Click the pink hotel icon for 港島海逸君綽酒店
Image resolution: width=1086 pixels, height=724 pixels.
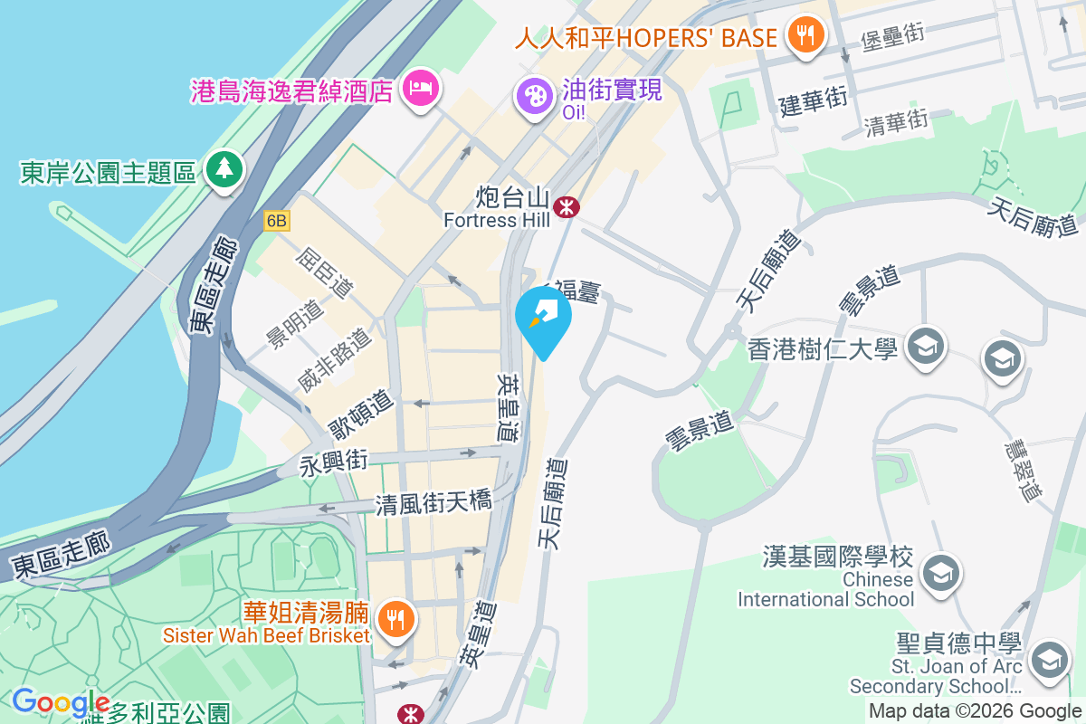tap(419, 89)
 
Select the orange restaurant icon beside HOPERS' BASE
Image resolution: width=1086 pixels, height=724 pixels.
tap(804, 34)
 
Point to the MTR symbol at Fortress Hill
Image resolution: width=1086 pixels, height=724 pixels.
tap(567, 207)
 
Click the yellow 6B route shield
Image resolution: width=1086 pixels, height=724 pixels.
tap(277, 221)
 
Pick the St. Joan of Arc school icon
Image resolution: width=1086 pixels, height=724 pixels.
tap(1049, 658)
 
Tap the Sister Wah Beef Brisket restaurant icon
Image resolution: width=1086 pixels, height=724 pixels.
tap(395, 619)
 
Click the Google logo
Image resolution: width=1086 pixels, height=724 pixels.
tap(60, 702)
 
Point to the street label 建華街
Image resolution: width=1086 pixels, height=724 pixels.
tap(813, 100)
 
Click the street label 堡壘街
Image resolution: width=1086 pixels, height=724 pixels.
tap(892, 38)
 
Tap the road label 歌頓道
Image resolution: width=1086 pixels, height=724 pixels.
tap(360, 413)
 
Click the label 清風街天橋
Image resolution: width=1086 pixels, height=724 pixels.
tap(433, 502)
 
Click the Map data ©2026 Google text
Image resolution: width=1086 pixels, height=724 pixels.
tap(976, 711)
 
